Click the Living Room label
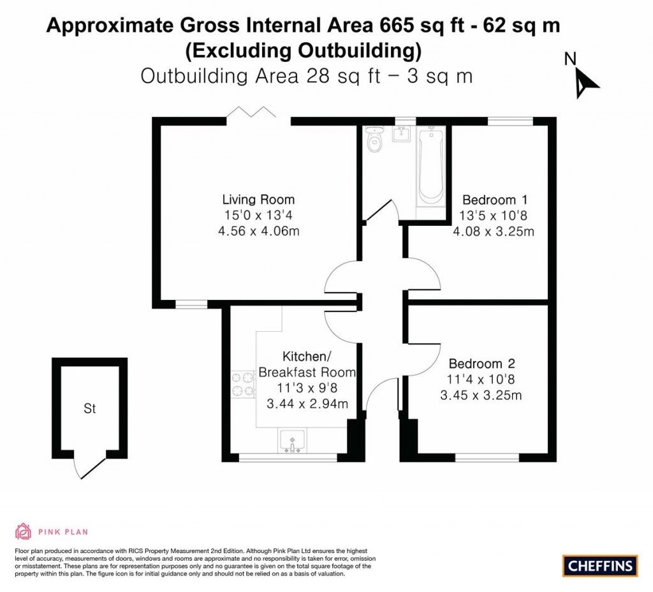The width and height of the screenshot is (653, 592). pyautogui.click(x=258, y=199)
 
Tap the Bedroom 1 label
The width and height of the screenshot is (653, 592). pyautogui.click(x=494, y=198)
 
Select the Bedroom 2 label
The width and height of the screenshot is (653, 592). pyautogui.click(x=481, y=364)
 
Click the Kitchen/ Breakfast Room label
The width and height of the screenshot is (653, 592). pyautogui.click(x=307, y=364)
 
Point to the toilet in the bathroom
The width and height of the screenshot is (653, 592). pyautogui.click(x=374, y=140)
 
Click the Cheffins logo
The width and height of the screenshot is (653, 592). pyautogui.click(x=600, y=565)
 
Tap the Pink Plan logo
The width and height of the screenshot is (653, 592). pyautogui.click(x=51, y=531)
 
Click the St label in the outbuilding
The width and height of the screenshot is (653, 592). pyautogui.click(x=90, y=409)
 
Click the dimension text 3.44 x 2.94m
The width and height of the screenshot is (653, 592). pyautogui.click(x=307, y=403)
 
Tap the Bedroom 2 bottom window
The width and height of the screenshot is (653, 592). pyautogui.click(x=487, y=457)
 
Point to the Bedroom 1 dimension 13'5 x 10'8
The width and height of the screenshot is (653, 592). pyautogui.click(x=494, y=215)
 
